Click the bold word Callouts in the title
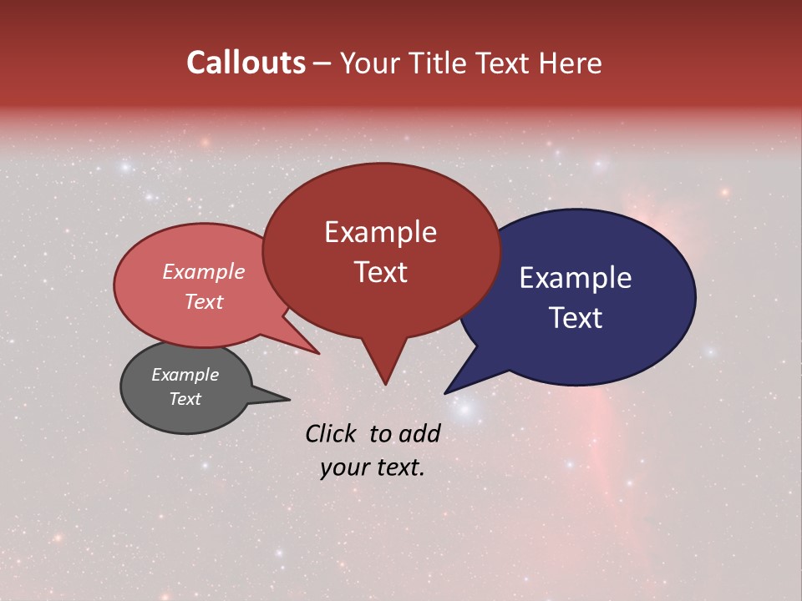[246, 63]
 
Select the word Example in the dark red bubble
[380, 232]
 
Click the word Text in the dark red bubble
[380, 272]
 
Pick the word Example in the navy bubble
[575, 278]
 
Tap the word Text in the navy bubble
[576, 318]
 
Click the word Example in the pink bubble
[204, 271]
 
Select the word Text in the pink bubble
[204, 301]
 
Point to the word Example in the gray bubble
[185, 375]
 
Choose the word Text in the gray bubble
[185, 399]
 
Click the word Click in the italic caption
[332, 433]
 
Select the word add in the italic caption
[419, 433]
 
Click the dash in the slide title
[322, 64]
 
